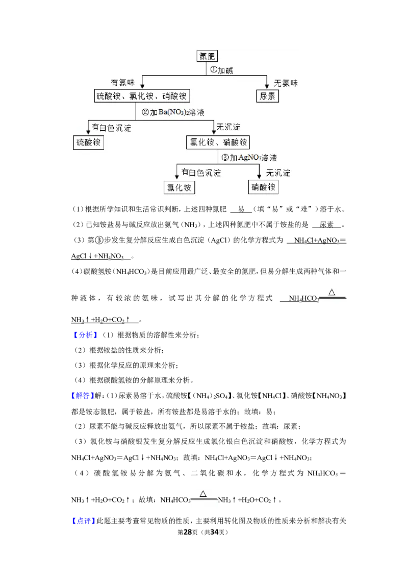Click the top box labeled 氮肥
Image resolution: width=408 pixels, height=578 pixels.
click(207, 56)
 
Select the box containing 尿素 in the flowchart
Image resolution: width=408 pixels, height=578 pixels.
click(267, 96)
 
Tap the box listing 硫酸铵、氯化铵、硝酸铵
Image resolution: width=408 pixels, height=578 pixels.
click(142, 96)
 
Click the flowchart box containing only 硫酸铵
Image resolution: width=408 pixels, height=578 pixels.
click(88, 142)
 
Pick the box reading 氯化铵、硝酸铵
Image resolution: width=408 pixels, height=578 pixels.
click(218, 142)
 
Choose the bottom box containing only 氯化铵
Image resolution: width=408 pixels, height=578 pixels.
click(180, 187)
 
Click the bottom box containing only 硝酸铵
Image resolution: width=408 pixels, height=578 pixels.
click(263, 187)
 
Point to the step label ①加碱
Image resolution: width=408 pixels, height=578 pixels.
click(221, 70)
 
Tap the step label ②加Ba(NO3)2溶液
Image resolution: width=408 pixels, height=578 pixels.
click(173, 112)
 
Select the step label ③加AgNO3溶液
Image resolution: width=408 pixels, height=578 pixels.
click(249, 158)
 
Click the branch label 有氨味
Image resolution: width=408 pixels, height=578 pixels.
click(122, 83)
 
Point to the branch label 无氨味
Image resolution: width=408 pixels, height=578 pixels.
click(286, 83)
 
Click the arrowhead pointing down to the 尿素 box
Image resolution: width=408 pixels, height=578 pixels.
click(267, 86)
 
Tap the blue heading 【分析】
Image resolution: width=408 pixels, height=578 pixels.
click(85, 335)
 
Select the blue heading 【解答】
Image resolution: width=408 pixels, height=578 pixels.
click(83, 396)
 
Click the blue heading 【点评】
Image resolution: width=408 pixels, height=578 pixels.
click(83, 521)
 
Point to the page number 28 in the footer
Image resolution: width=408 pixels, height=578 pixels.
click(188, 532)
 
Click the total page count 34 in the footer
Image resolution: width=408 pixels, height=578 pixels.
click(214, 532)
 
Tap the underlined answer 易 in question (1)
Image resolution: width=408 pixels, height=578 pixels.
click(241, 209)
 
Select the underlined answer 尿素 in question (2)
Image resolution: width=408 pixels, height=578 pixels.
click(326, 225)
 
